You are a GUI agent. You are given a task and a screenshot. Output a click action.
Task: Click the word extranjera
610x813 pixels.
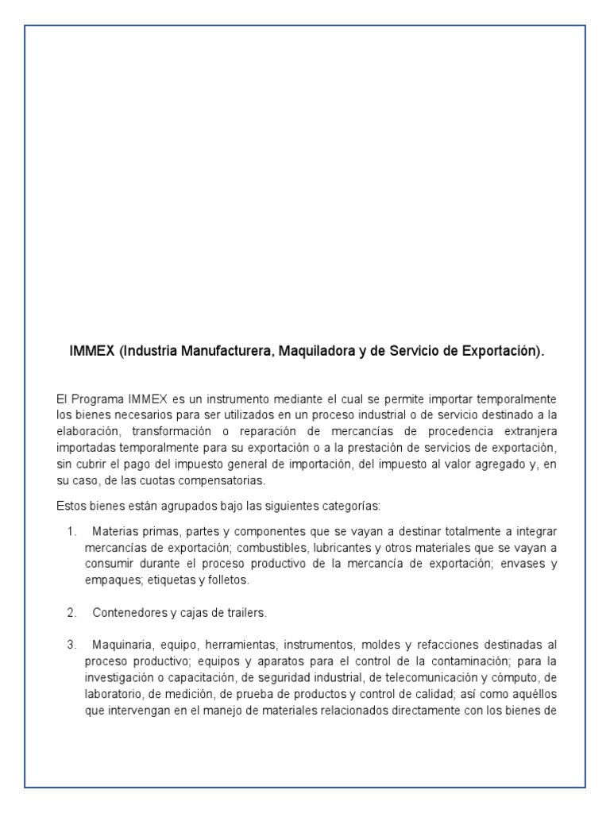click(x=525, y=431)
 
